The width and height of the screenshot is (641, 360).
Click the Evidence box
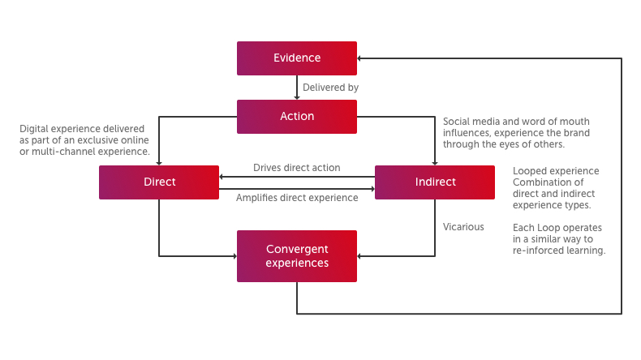click(x=296, y=58)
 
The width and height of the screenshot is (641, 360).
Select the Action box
click(x=296, y=117)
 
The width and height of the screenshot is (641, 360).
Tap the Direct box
click(x=159, y=182)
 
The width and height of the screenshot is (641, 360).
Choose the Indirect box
click(x=434, y=182)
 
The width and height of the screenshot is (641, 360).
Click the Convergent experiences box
click(x=296, y=256)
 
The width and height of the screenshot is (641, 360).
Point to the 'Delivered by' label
click(x=330, y=87)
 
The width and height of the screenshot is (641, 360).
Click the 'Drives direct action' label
click(x=296, y=168)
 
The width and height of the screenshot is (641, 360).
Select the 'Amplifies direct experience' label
click(x=296, y=198)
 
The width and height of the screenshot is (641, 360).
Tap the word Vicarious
click(x=463, y=227)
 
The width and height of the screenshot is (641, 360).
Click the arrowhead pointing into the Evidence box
click(x=361, y=58)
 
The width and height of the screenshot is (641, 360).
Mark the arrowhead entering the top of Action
click(x=297, y=96)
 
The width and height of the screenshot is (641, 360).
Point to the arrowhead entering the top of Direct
click(x=159, y=162)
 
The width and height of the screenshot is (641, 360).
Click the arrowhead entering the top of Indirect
click(x=434, y=162)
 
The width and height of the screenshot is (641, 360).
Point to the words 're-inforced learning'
click(x=559, y=251)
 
